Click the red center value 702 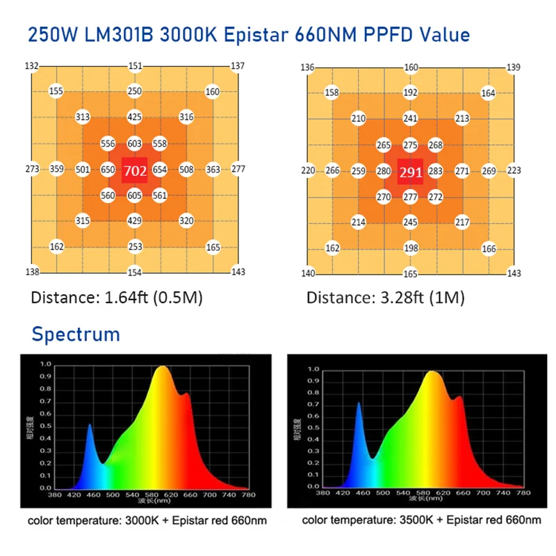click(x=134, y=170)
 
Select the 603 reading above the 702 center click(x=135, y=144)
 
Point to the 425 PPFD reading click(x=135, y=117)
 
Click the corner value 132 click(x=31, y=66)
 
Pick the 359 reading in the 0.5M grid click(x=57, y=169)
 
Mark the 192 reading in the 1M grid click(x=411, y=92)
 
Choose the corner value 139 click(x=514, y=67)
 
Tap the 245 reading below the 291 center click(x=411, y=222)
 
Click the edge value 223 click(x=514, y=170)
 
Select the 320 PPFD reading click(x=186, y=221)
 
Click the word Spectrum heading click(x=76, y=334)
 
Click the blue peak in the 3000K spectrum click(x=89, y=426)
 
